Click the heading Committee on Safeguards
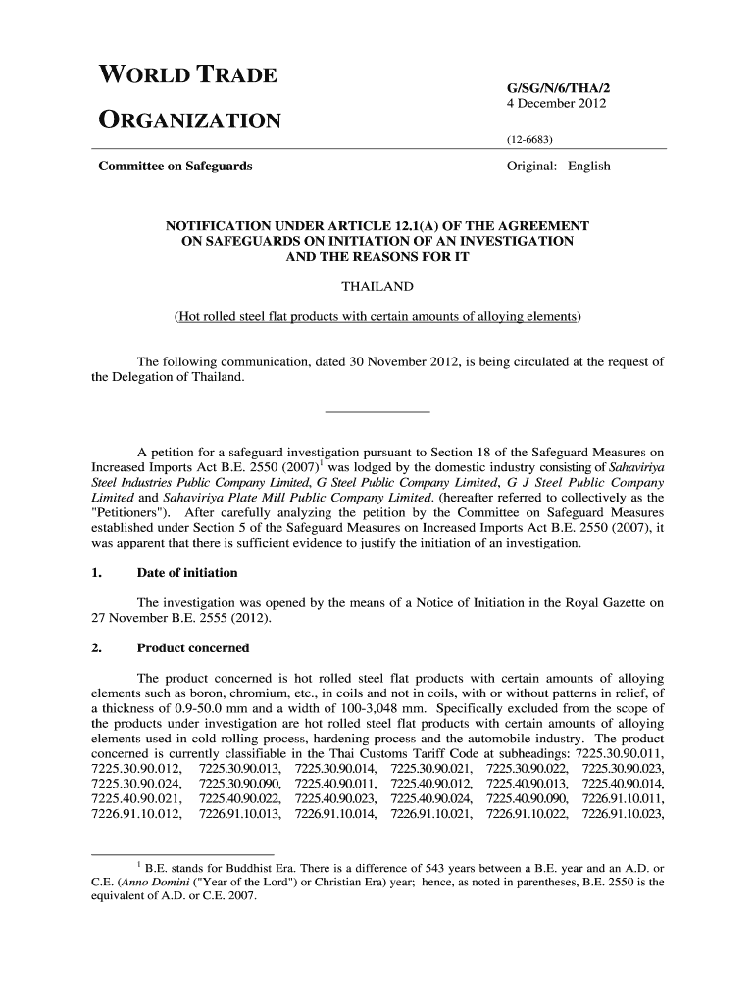click(176, 166)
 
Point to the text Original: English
click(558, 166)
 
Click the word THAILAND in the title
click(377, 286)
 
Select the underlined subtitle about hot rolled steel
click(377, 317)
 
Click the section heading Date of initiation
click(187, 572)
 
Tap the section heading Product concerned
click(193, 647)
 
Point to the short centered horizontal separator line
click(377, 411)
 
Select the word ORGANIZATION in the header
click(190, 121)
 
